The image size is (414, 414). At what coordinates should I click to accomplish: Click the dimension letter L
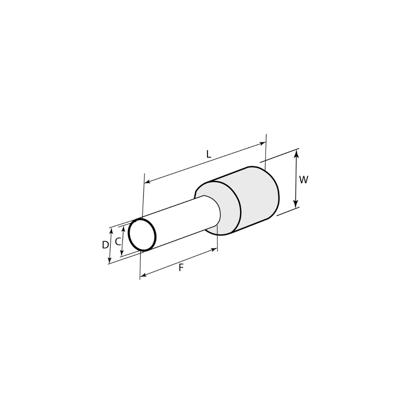(x=209, y=154)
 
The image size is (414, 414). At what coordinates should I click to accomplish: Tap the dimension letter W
(x=304, y=180)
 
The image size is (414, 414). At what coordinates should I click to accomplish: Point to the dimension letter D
(x=105, y=245)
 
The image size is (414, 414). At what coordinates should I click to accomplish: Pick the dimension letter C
(x=117, y=242)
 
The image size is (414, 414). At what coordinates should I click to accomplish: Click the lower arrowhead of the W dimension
(x=296, y=204)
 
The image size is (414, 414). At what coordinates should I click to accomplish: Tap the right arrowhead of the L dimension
(x=263, y=143)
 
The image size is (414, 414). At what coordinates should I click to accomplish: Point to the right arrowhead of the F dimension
(x=215, y=250)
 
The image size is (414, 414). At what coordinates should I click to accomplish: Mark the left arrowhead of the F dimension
(x=143, y=277)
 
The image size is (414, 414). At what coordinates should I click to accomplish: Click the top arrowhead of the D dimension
(x=111, y=230)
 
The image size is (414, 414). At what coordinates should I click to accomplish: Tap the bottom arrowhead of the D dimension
(x=110, y=261)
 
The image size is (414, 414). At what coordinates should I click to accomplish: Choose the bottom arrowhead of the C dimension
(x=122, y=254)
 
